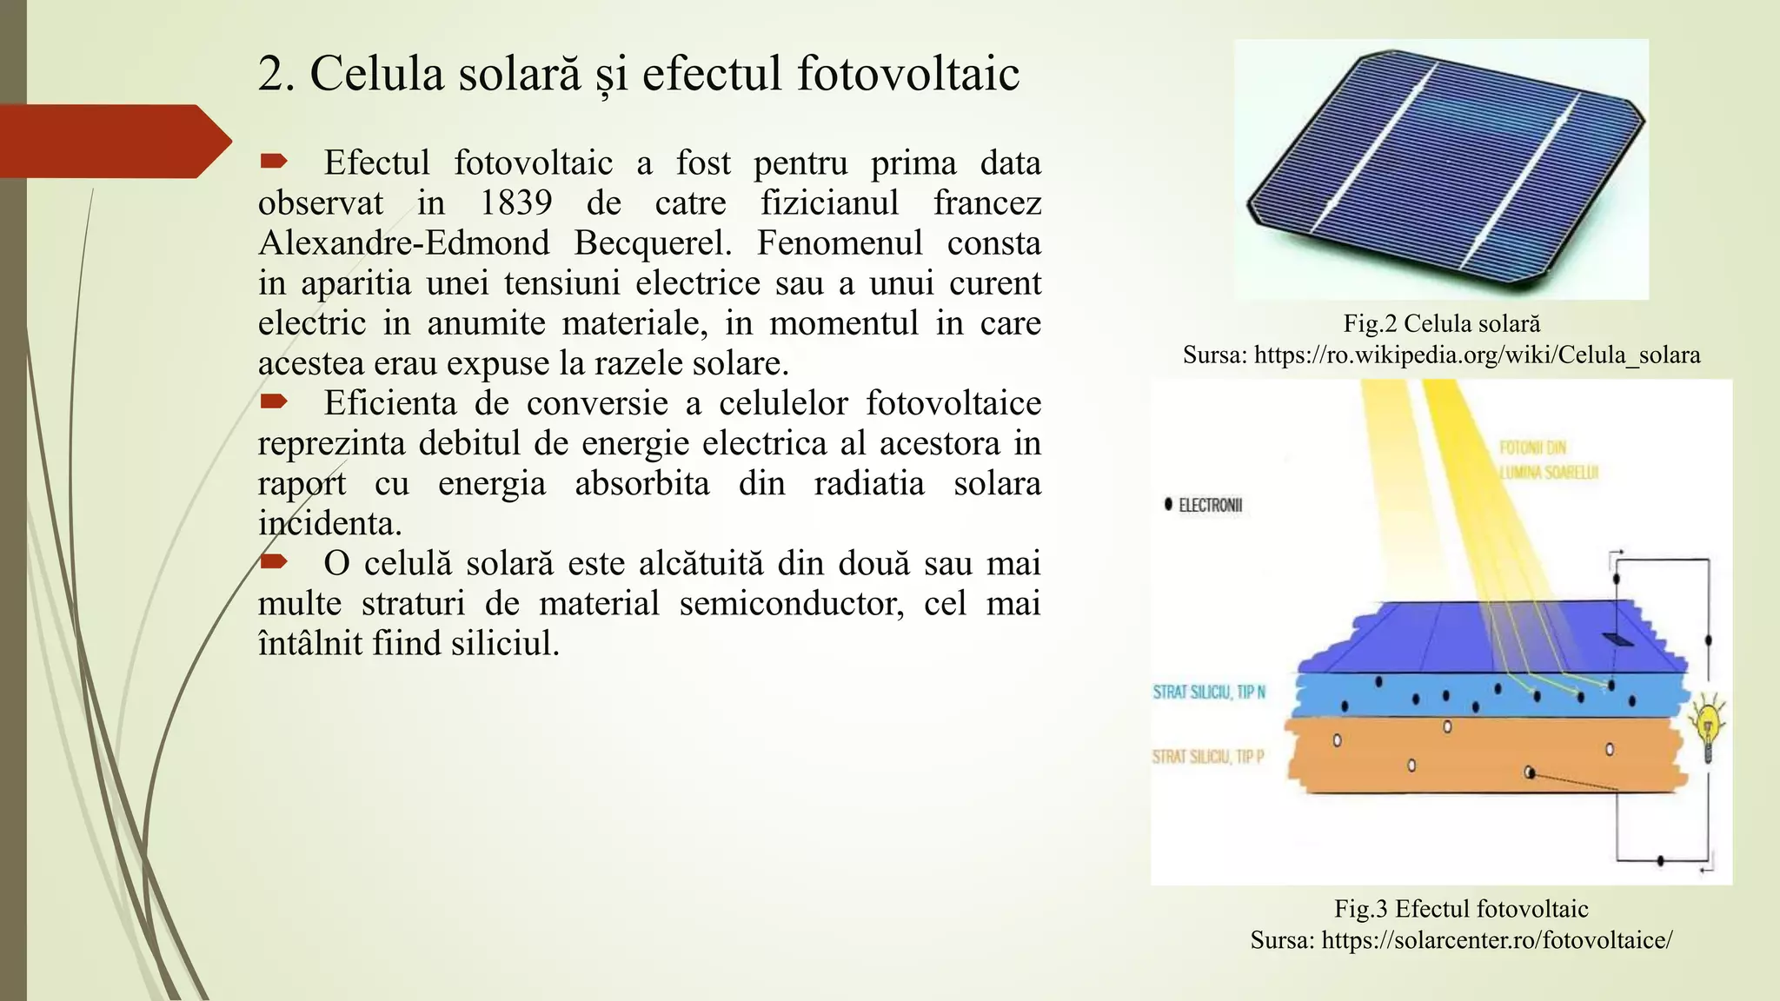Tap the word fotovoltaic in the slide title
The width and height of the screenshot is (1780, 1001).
[907, 73]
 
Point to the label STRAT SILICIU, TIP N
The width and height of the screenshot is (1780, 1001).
[1209, 693]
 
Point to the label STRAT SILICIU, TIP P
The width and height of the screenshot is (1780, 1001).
[1208, 757]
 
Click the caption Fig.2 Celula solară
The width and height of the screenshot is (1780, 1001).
[1441, 324]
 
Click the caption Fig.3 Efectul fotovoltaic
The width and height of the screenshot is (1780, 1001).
[1461, 909]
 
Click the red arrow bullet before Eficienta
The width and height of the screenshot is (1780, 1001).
[273, 401]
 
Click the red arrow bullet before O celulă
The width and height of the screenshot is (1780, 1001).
[273, 561]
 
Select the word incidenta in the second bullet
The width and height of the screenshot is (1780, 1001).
[329, 524]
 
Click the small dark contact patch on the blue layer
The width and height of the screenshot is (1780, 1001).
[1617, 640]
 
